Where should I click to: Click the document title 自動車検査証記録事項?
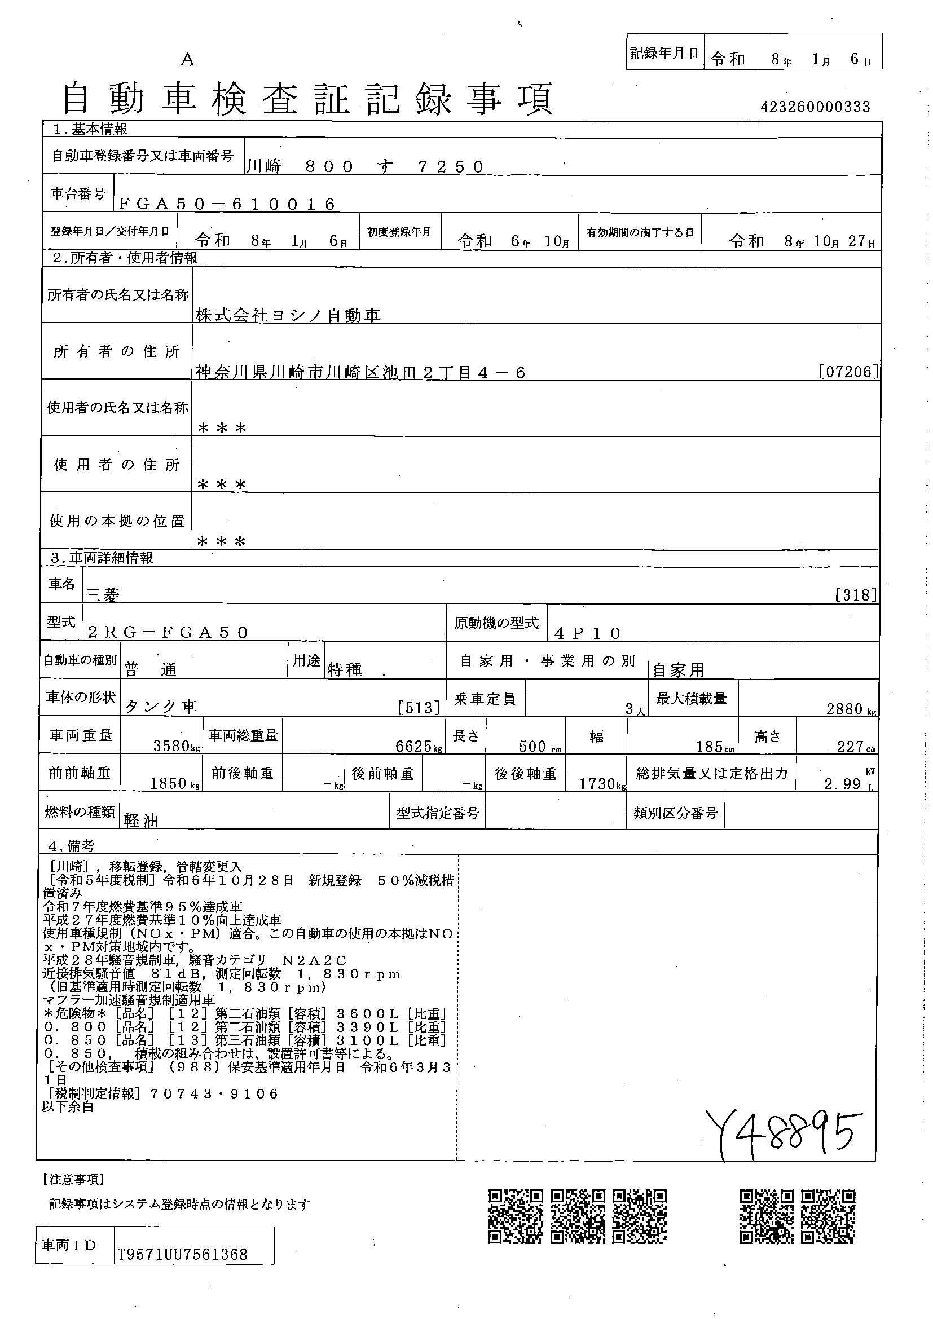(307, 98)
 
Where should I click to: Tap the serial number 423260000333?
(815, 107)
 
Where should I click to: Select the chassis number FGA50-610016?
(226, 204)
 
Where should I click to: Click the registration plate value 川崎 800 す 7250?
(365, 166)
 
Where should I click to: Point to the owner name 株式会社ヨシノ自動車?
(288, 315)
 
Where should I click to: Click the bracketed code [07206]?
(848, 371)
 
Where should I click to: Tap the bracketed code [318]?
(856, 594)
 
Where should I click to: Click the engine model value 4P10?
(587, 633)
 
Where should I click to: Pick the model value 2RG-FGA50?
(168, 633)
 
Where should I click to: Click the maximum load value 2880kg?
(851, 709)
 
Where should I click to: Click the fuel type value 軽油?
(141, 821)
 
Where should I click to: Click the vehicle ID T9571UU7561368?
(182, 1254)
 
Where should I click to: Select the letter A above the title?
(187, 60)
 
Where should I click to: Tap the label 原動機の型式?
(496, 623)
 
